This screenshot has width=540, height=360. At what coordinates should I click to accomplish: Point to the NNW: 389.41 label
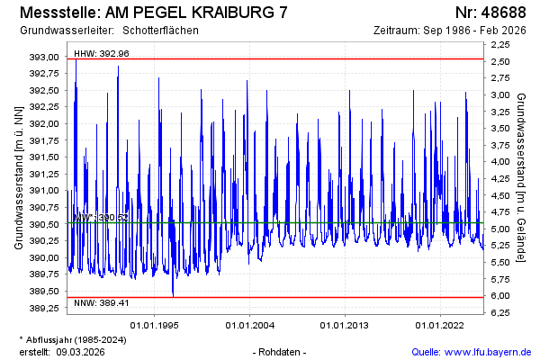[101, 302]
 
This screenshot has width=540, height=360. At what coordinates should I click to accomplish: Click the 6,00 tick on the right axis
[500, 296]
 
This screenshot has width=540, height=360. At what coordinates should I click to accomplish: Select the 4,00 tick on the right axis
[500, 161]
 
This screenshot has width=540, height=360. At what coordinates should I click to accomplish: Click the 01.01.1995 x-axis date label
[157, 325]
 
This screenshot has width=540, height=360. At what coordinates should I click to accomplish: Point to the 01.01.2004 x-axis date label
[251, 325]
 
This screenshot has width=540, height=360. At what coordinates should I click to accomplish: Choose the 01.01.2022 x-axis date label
[438, 325]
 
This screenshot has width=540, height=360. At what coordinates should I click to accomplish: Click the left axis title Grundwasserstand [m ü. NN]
[18, 176]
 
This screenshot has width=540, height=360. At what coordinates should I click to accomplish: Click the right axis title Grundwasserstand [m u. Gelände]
[521, 176]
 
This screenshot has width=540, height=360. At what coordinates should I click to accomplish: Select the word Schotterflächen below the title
[160, 31]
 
